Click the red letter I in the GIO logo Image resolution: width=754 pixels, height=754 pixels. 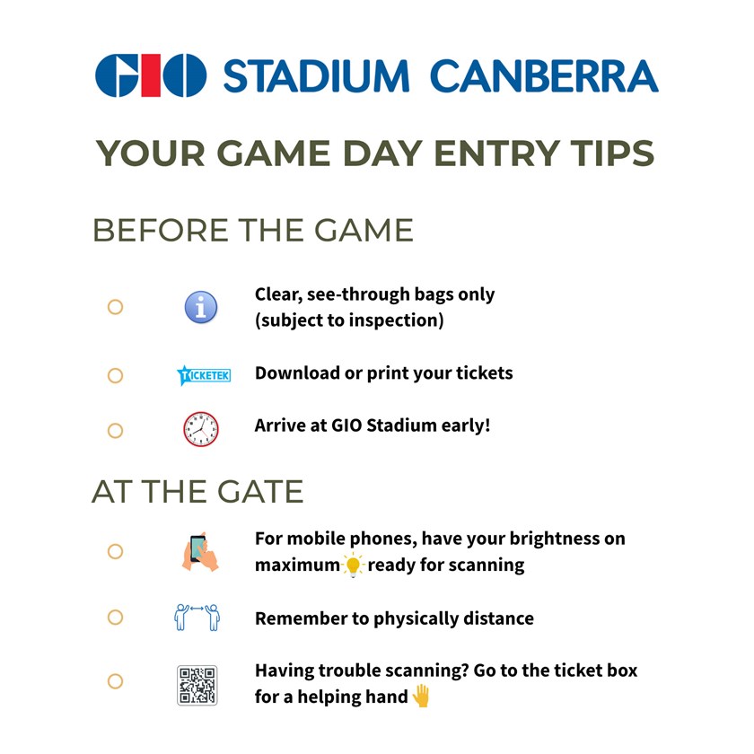pos(151,75)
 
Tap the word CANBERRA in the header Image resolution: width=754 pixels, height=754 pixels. pos(544,76)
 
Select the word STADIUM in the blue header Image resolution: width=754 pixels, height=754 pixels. pos(316,76)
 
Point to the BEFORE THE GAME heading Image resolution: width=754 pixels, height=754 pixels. pos(253,230)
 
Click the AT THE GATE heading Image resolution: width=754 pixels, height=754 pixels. pos(197,492)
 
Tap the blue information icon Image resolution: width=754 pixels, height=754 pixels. pos(201,307)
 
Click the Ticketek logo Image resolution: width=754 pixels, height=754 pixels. pos(204,375)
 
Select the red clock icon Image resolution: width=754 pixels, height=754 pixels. pos(201,429)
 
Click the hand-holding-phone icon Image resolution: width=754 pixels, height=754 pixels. pos(200,551)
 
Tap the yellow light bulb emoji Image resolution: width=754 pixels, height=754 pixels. pos(354,565)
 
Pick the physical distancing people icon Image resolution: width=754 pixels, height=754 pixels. pos(197,617)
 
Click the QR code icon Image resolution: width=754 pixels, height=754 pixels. pos(197,685)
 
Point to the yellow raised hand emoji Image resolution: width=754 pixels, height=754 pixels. pos(421,696)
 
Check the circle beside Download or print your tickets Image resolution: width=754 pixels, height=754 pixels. pos(116,375)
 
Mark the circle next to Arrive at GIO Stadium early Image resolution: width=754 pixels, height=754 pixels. pos(116,430)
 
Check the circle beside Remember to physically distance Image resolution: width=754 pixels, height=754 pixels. pos(116,617)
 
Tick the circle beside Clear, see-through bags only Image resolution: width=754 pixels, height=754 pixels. pos(116,307)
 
